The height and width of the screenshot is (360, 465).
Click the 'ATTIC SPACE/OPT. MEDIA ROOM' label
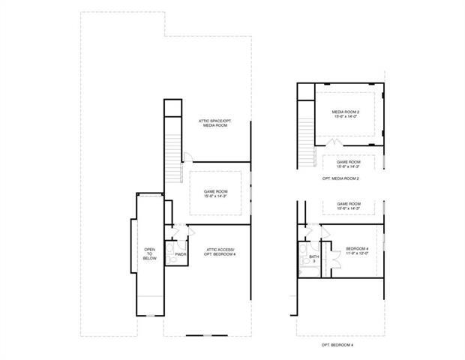point(213,123)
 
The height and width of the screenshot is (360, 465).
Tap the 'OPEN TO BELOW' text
point(149,255)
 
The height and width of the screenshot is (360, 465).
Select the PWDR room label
point(180,254)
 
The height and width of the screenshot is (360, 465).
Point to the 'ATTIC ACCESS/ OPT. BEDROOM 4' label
point(219,252)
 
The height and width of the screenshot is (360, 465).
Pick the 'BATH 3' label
point(313,259)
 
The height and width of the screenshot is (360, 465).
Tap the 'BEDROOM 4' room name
point(357,248)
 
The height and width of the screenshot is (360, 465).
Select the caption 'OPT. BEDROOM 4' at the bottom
point(337,344)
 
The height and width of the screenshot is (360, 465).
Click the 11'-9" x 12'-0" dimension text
point(357,253)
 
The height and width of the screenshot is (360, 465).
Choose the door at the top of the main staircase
point(187,158)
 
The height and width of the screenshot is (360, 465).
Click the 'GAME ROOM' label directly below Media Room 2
point(349,162)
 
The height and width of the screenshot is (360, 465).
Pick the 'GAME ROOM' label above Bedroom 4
point(349,204)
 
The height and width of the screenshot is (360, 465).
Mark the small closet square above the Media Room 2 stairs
point(304,91)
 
